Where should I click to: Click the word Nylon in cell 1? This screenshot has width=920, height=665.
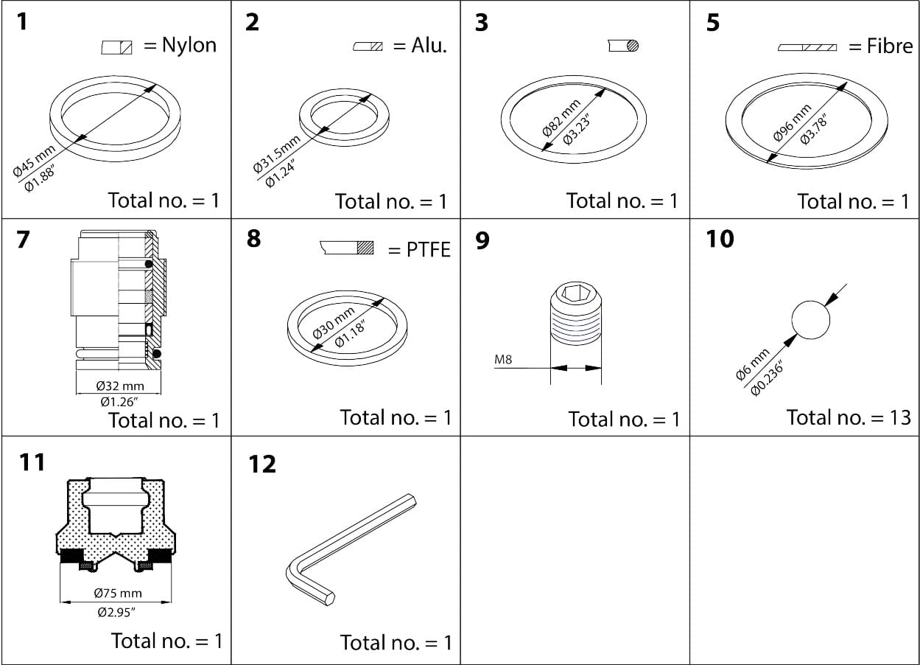click(x=189, y=45)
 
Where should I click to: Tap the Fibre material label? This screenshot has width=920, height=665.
click(x=890, y=46)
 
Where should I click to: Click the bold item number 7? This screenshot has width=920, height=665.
click(x=24, y=240)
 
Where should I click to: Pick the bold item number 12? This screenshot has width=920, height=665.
click(x=262, y=464)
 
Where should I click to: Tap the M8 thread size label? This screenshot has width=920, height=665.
click(x=503, y=360)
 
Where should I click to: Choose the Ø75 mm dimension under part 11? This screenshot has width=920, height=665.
click(x=118, y=593)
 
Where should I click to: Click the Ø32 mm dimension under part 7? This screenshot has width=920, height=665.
click(x=120, y=386)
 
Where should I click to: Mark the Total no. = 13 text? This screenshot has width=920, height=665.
click(x=848, y=417)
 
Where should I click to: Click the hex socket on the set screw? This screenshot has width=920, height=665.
click(x=576, y=296)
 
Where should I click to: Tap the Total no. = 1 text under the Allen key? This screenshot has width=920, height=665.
click(x=396, y=642)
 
